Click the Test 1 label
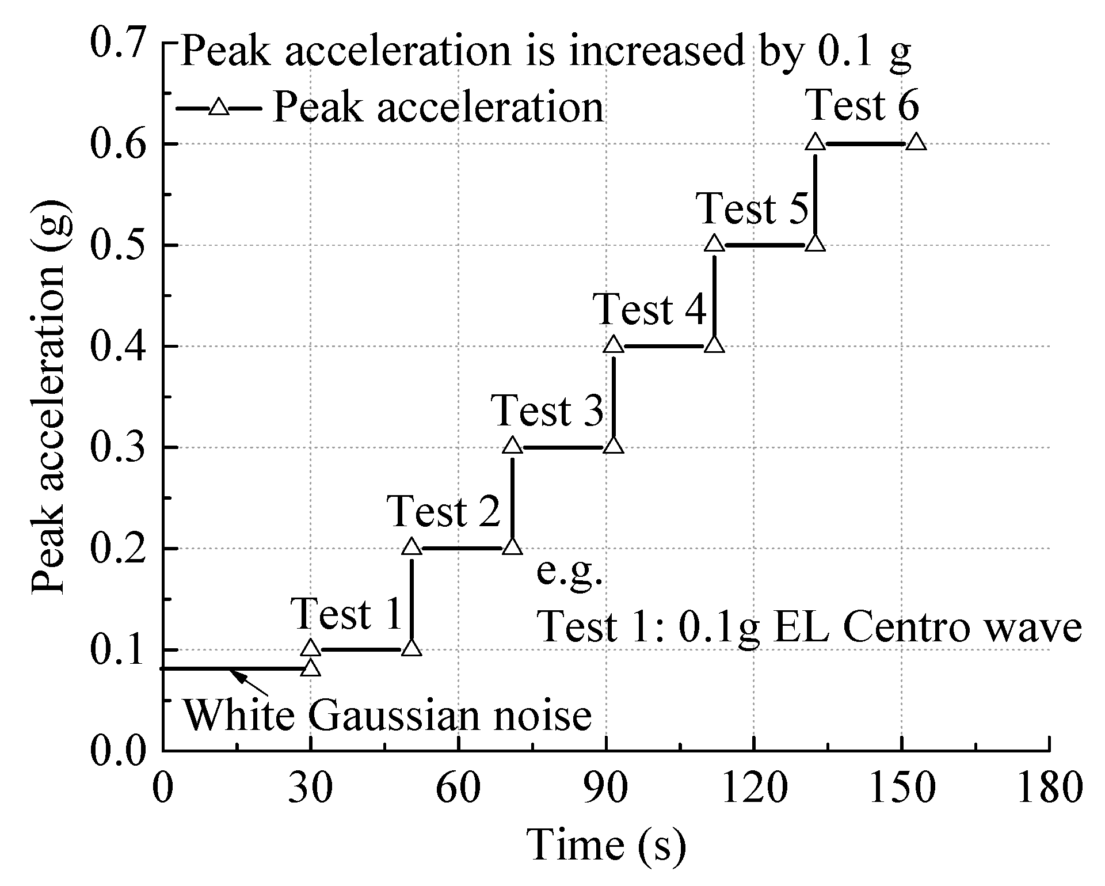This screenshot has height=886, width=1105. click(x=347, y=614)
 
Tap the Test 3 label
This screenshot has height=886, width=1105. click(x=548, y=411)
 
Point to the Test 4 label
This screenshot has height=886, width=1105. click(x=650, y=310)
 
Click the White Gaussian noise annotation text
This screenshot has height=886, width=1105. click(x=387, y=716)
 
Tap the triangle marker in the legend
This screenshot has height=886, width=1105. click(x=219, y=108)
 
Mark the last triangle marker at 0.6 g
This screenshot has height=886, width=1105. click(x=916, y=142)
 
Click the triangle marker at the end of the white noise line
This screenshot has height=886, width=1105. click(x=311, y=668)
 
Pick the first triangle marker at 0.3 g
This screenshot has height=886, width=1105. click(x=512, y=446)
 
